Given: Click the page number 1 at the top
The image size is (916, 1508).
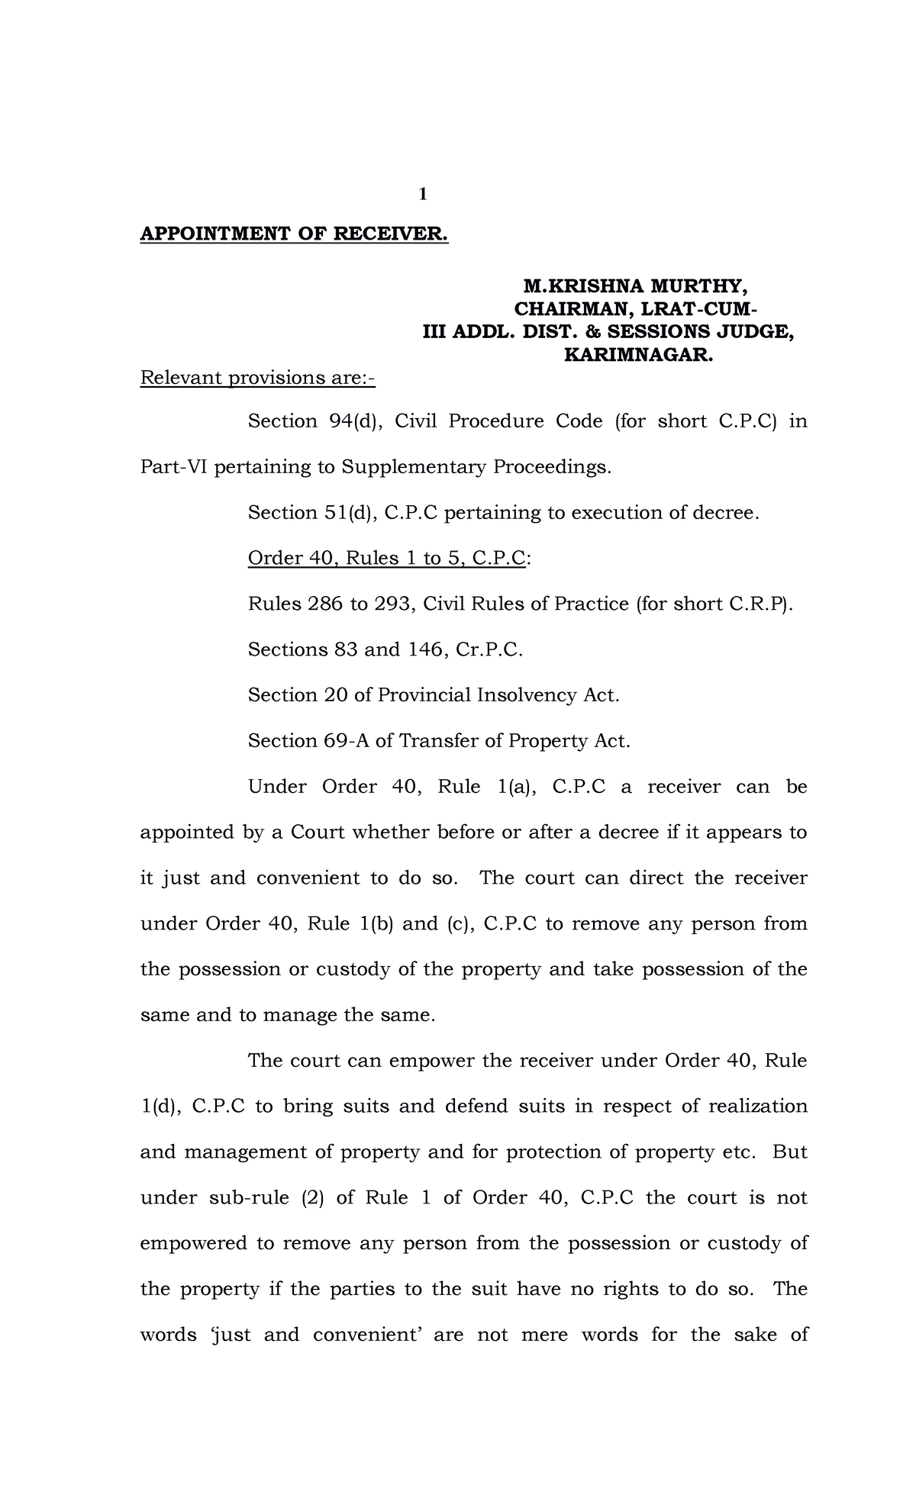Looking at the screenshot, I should (421, 195).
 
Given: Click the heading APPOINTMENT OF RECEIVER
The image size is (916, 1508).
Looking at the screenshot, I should (294, 234).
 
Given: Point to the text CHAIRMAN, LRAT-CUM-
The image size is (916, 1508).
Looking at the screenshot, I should (635, 310).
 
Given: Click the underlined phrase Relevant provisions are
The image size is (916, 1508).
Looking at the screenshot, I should (257, 379).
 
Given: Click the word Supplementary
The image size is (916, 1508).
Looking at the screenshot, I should (413, 467).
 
